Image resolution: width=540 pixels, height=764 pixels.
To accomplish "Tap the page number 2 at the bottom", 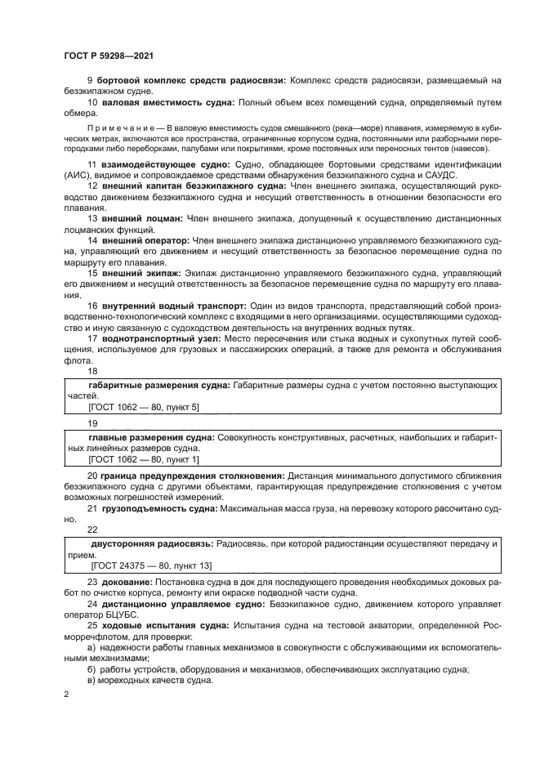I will (66, 694).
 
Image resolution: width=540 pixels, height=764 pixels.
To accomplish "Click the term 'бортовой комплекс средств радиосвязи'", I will (190, 79).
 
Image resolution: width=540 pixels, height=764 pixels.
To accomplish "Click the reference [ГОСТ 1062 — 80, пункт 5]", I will (143, 406).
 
